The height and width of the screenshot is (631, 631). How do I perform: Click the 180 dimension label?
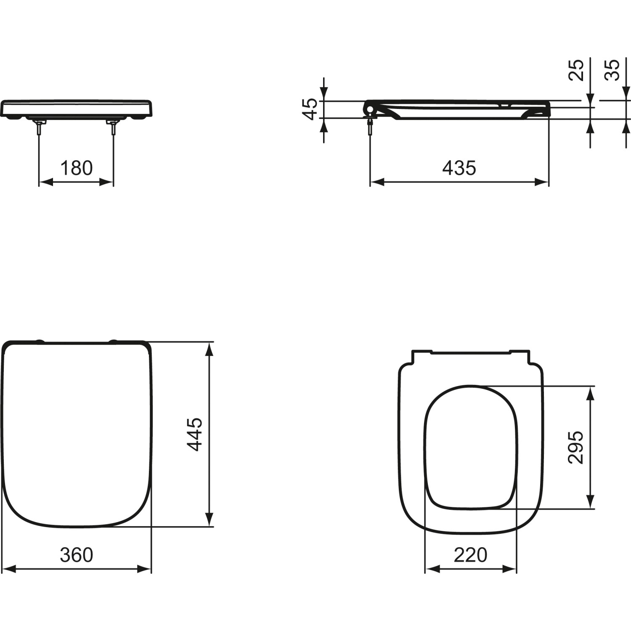76,168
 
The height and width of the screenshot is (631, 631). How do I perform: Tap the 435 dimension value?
459,168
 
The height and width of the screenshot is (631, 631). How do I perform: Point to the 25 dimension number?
576,70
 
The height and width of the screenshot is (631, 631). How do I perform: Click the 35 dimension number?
612,70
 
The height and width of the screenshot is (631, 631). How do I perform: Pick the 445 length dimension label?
195,434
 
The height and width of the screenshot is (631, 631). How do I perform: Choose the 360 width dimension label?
76,555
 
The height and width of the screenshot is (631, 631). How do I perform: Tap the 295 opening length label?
576,447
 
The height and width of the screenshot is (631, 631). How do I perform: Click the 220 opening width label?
470,555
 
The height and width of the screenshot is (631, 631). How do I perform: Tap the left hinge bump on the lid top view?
40,341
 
